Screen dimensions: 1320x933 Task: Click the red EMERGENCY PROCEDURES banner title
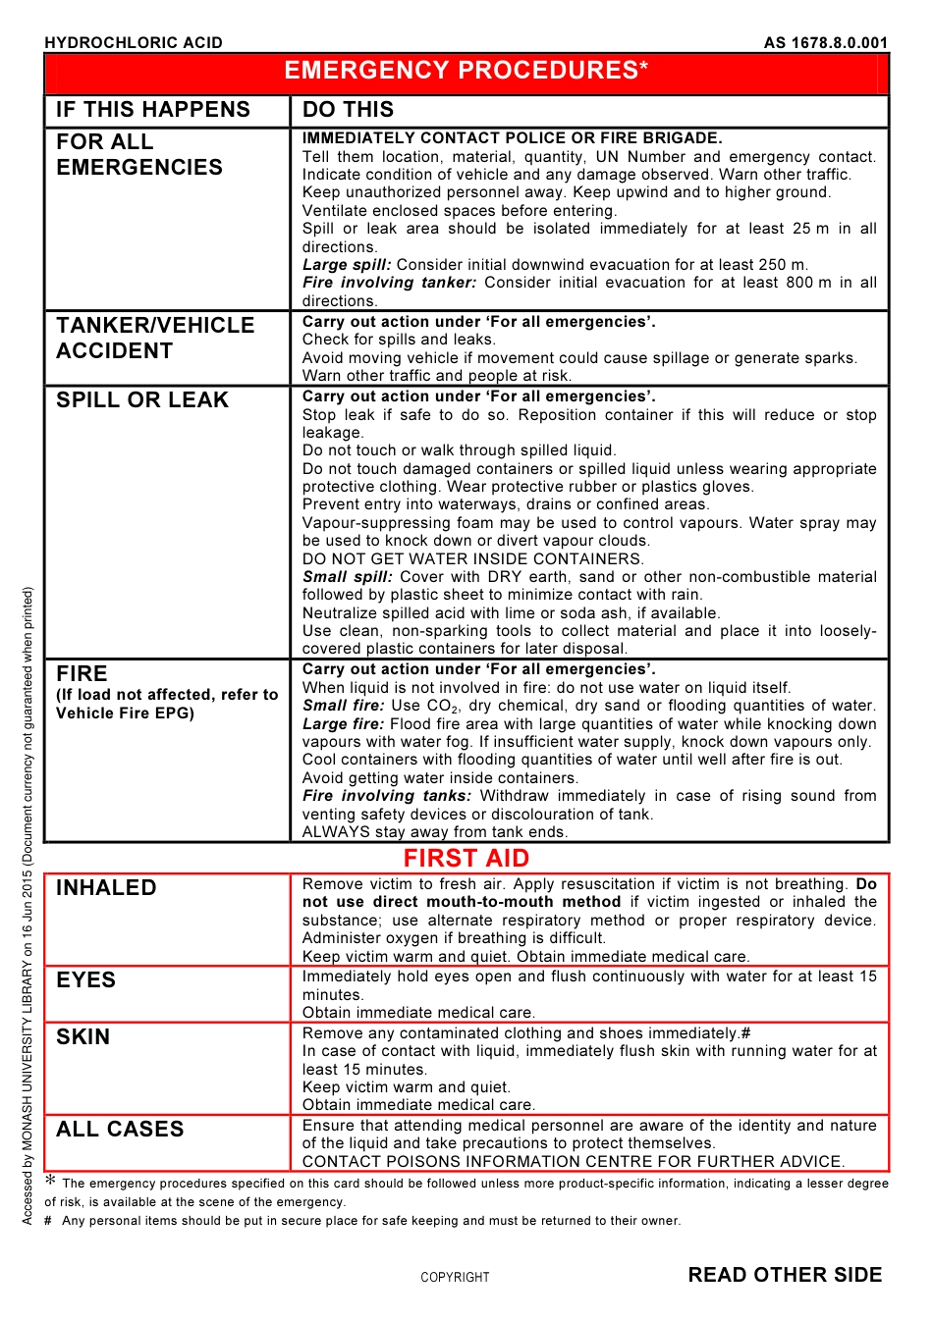pyautogui.click(x=466, y=71)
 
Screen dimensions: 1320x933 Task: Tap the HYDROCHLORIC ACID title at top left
pyautogui.click(x=134, y=42)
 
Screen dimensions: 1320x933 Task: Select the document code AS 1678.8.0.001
pyautogui.click(x=825, y=42)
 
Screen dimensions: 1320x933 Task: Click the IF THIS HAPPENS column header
pyautogui.click(x=153, y=110)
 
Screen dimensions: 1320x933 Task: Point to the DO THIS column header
pyautogui.click(x=348, y=110)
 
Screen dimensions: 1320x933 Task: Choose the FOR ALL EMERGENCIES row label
pyautogui.click(x=139, y=155)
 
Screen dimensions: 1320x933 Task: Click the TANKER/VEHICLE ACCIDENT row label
pyautogui.click(x=155, y=339)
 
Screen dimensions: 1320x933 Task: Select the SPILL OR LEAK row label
pyautogui.click(x=142, y=400)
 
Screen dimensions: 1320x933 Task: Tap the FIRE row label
pyautogui.click(x=82, y=674)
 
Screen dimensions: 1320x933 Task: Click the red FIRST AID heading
pyautogui.click(x=466, y=859)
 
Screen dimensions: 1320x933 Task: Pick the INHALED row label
pyautogui.click(x=106, y=888)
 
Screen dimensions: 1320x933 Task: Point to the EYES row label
pyautogui.click(x=86, y=980)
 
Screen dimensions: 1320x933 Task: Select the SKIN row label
pyautogui.click(x=83, y=1037)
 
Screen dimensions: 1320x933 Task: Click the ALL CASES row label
pyautogui.click(x=120, y=1130)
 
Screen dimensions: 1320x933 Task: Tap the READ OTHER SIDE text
pyautogui.click(x=785, y=1275)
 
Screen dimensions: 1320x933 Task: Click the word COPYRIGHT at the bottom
pyautogui.click(x=455, y=1278)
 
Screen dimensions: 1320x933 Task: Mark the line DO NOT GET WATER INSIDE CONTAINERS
pyautogui.click(x=473, y=559)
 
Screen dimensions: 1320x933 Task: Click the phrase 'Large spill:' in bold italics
pyautogui.click(x=347, y=265)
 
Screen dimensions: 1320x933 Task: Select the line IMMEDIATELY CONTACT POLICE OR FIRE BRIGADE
pyautogui.click(x=512, y=138)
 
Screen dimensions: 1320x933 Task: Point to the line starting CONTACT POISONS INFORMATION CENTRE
pyautogui.click(x=573, y=1162)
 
